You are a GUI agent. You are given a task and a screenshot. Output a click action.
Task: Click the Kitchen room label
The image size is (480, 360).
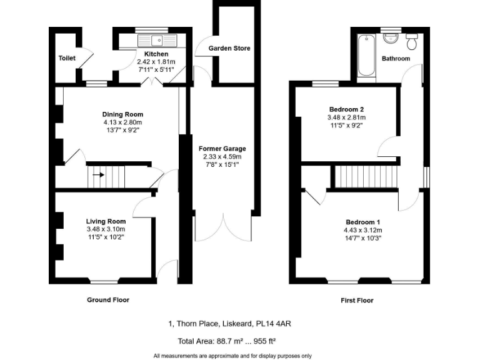pos(152,54)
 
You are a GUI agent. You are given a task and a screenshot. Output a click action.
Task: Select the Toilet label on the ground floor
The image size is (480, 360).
pos(67,58)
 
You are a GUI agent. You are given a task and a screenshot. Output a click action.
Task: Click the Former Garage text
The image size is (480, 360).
pos(222,149)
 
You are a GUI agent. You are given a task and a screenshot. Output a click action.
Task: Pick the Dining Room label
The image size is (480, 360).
pos(123,114)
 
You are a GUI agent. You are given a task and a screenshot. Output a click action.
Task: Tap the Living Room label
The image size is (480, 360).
pos(106,221)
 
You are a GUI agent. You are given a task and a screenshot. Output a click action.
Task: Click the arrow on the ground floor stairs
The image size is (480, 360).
pos(98,175)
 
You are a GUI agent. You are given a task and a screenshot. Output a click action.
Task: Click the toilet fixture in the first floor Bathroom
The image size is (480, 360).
pos(412,42)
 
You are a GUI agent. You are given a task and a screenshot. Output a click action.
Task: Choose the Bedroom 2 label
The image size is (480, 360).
pos(346,109)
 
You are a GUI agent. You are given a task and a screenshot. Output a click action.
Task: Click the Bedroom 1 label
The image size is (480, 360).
pos(363,222)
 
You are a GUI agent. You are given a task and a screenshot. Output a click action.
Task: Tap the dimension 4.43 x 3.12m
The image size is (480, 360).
pos(363,230)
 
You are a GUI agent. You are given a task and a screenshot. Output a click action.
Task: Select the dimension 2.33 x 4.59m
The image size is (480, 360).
pos(222,156)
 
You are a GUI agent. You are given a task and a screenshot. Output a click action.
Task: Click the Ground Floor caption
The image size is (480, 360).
pos(107,300)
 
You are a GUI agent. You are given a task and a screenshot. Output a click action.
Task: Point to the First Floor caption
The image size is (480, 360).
pos(357,301)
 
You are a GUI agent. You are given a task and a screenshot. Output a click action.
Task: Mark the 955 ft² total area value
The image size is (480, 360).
pos(263,341)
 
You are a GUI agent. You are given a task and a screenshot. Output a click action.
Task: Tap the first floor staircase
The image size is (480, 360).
pos(366,177)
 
